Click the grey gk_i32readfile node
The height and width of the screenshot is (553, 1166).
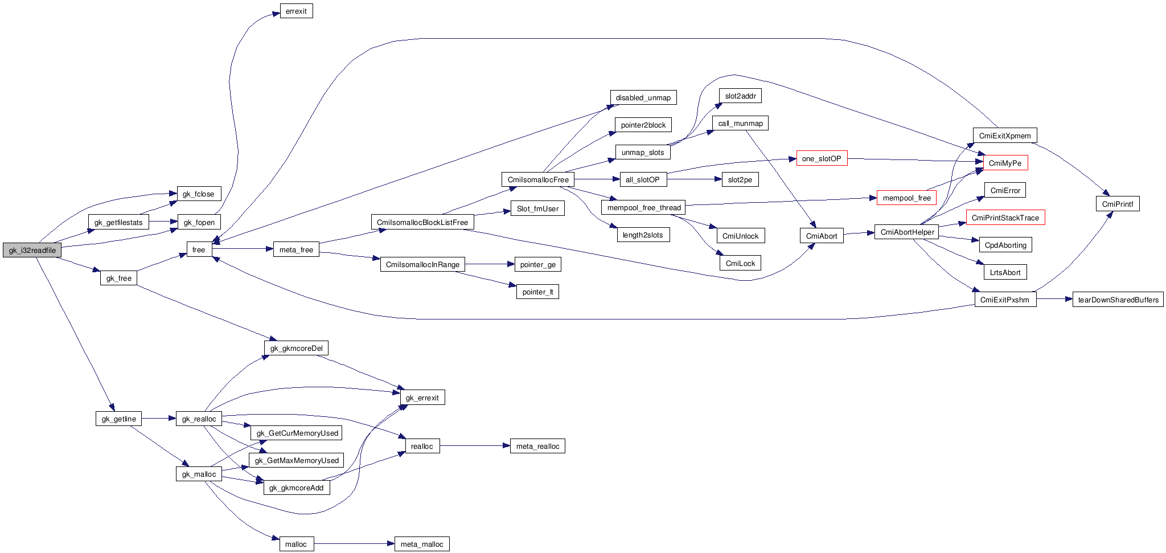click(x=32, y=250)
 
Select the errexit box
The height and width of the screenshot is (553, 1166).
click(x=296, y=11)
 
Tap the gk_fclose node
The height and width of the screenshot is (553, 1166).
click(x=198, y=194)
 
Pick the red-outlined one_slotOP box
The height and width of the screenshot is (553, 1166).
click(x=821, y=159)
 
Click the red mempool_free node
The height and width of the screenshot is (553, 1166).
click(x=906, y=198)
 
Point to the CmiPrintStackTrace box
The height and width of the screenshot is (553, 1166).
click(x=1005, y=218)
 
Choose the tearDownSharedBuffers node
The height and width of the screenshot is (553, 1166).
click(x=1118, y=300)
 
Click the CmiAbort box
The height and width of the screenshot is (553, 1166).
click(x=821, y=236)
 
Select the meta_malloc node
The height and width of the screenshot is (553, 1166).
click(x=421, y=544)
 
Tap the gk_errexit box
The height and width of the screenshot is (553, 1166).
click(x=422, y=398)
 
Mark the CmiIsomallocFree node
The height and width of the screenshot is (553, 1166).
click(x=537, y=180)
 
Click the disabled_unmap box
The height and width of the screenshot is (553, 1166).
click(x=643, y=98)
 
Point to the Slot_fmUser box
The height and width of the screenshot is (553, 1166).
click(x=537, y=209)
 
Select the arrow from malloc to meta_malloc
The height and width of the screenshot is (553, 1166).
click(x=353, y=544)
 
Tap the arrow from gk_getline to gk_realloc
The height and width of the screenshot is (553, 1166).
click(x=158, y=419)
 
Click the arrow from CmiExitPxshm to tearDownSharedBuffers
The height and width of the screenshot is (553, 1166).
click(x=1054, y=299)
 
